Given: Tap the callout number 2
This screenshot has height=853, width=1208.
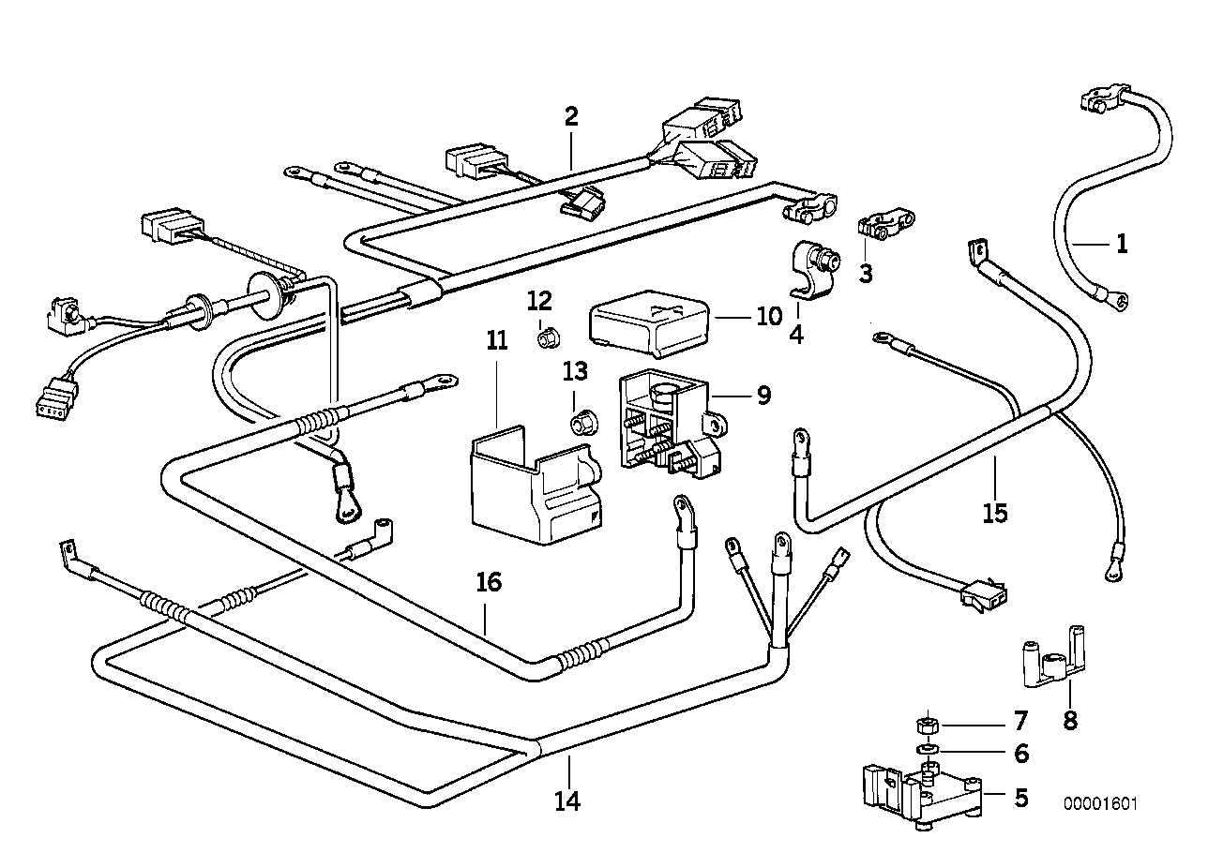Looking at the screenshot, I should click(571, 117).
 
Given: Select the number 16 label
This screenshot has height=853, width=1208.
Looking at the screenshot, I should click(489, 582).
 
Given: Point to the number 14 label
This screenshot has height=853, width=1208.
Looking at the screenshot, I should click(566, 801).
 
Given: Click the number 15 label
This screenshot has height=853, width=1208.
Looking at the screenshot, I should click(995, 513).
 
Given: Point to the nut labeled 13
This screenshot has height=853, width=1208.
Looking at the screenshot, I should click(582, 423).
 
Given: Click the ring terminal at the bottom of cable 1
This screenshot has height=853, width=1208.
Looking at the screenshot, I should click(1118, 300).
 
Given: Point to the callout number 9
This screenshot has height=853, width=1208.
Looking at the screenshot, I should click(763, 396).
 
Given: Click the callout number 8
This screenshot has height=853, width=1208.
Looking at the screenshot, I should click(1070, 721).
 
